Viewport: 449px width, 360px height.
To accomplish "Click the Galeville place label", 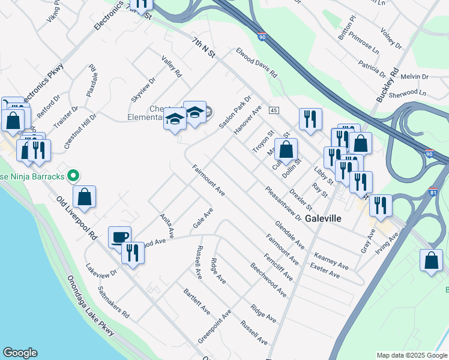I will coord(323,219).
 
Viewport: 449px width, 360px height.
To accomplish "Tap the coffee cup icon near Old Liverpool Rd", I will coord(119,237).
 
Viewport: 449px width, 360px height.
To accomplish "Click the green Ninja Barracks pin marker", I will coord(73,176).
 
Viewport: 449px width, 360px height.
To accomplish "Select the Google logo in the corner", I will coord(20,353).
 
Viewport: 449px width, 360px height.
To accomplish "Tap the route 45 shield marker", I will coord(274,110).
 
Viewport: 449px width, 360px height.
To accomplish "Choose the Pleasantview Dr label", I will coord(283,203).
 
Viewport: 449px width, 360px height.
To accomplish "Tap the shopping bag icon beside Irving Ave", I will coord(431,261).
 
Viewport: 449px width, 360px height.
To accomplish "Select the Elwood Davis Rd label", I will coord(256,63).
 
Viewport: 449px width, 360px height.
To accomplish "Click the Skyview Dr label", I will coord(144,89).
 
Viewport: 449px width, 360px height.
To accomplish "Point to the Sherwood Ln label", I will coord(407,93).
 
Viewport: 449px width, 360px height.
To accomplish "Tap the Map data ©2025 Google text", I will coord(411,355).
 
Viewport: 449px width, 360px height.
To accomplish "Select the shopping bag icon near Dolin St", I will coord(286,150).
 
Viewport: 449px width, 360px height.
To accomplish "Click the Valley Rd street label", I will coord(171,67).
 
